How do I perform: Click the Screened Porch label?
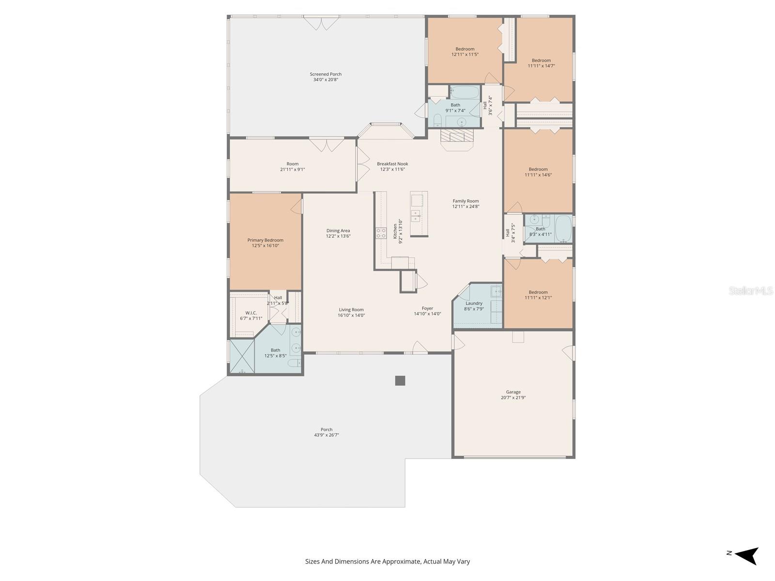pyautogui.click(x=325, y=75)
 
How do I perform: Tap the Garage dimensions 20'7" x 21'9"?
pyautogui.click(x=513, y=398)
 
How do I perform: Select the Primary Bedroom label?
pyautogui.click(x=265, y=240)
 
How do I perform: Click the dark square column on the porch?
pyautogui.click(x=400, y=381)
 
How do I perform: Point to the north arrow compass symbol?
pyautogui.click(x=745, y=555)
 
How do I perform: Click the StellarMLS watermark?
pyautogui.click(x=750, y=290)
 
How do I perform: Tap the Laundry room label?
pyautogui.click(x=474, y=304)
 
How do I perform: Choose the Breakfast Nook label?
pyautogui.click(x=392, y=164)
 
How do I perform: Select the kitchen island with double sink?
pyautogui.click(x=419, y=214)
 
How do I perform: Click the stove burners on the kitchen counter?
pyautogui.click(x=381, y=233)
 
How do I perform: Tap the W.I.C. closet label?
pyautogui.click(x=251, y=313)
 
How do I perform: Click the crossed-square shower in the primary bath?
pyautogui.click(x=242, y=356)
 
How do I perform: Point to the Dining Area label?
pyautogui.click(x=338, y=231)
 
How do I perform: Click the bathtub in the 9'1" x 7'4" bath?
pyautogui.click(x=465, y=92)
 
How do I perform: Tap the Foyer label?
pyautogui.click(x=427, y=308)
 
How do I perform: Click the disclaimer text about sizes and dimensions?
pyautogui.click(x=387, y=562)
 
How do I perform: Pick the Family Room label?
pyautogui.click(x=465, y=201)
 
